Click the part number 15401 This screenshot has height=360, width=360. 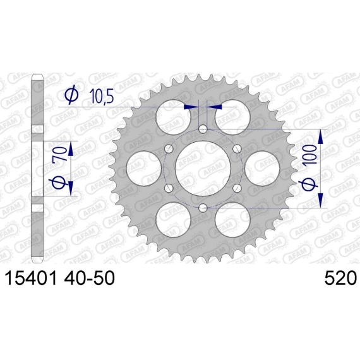click(30, 278)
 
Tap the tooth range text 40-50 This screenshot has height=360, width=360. click(90, 278)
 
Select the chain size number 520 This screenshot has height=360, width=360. click(340, 278)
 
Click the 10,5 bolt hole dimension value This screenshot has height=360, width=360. click(102, 96)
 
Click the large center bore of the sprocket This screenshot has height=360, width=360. click(203, 168)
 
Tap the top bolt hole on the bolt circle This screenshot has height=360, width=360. click(203, 129)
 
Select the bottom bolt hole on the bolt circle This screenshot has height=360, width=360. click(203, 208)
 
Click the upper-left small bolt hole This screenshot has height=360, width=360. click(169, 149)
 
